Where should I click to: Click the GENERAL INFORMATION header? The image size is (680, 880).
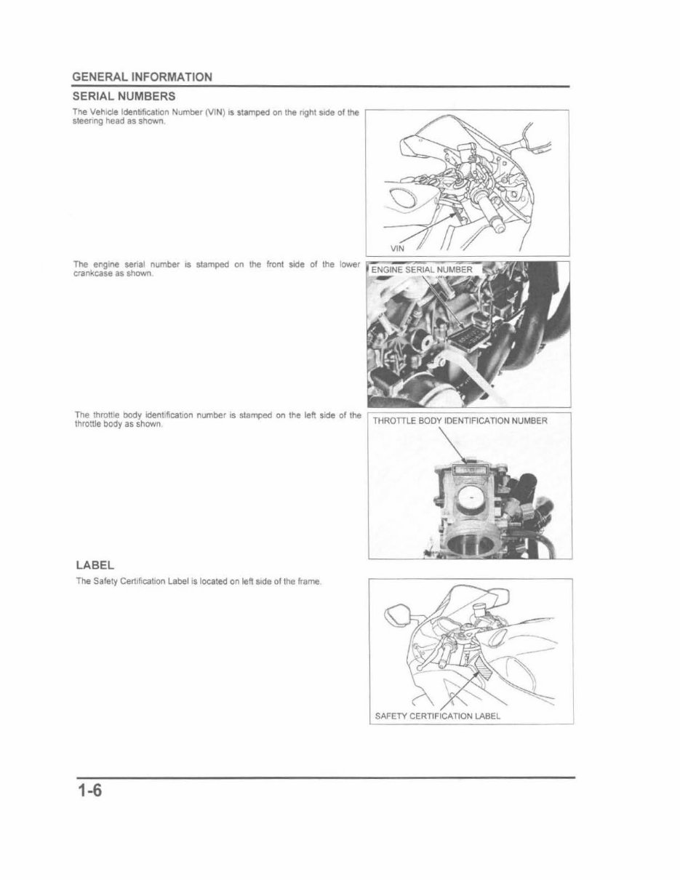point(142,76)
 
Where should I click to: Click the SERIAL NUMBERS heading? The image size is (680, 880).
point(123,96)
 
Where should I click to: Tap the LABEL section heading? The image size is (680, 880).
point(95,565)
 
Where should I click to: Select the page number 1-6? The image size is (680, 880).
point(88,791)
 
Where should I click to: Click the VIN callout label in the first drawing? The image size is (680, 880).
point(397,248)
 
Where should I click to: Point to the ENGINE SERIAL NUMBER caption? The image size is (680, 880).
point(423,271)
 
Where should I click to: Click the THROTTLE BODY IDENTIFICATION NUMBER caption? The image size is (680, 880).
point(460,420)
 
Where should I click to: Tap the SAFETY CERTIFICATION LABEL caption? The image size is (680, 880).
point(437,716)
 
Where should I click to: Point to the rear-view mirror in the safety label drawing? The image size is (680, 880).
point(398,614)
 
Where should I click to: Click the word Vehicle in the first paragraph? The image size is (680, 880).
point(103,112)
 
